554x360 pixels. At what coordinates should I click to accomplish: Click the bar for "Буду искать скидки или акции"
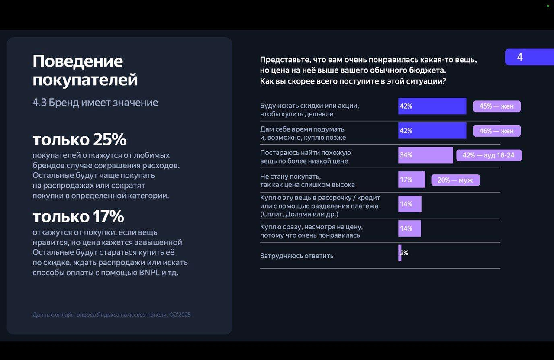[x=432, y=106]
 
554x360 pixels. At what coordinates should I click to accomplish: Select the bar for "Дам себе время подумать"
[x=432, y=131]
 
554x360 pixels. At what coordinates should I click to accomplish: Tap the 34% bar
[x=425, y=155]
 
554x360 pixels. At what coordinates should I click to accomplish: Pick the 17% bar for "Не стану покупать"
[x=412, y=180]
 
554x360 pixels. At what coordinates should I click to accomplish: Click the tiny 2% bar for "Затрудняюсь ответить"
[x=400, y=253]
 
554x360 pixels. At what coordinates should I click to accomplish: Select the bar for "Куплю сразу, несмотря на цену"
[x=409, y=228]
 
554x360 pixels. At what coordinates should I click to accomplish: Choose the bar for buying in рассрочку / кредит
[x=409, y=204]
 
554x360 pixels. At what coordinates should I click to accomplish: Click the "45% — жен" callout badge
[x=496, y=106]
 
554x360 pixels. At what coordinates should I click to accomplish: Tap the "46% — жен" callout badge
[x=496, y=131]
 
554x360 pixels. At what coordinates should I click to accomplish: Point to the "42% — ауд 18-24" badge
[x=489, y=155]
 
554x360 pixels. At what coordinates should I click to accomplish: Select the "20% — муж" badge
[x=455, y=180]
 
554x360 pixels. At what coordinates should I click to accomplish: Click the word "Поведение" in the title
[x=78, y=61]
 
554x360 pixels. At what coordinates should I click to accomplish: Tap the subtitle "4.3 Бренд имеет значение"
[x=95, y=103]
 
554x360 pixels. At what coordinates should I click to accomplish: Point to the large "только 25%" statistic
[x=80, y=140]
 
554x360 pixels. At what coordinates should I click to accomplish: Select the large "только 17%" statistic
[x=78, y=216]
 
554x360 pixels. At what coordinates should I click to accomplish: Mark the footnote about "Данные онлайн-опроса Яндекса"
[x=112, y=315]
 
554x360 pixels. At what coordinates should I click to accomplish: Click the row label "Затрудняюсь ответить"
[x=296, y=256]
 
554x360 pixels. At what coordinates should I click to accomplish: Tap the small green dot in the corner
[x=548, y=6]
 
